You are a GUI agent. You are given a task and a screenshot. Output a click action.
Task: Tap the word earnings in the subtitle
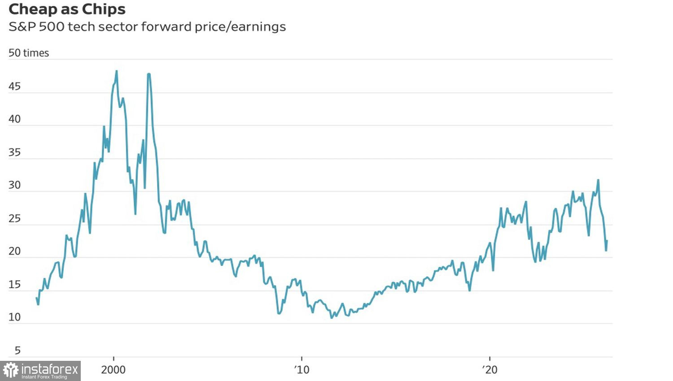click(x=259, y=27)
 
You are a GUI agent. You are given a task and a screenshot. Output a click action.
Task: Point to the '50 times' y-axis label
click(x=29, y=53)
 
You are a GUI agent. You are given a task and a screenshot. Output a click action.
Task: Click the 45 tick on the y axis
click(x=15, y=87)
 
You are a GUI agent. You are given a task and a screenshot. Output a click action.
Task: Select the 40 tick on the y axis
click(x=15, y=119)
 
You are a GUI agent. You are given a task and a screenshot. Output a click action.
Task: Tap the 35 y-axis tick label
click(x=15, y=152)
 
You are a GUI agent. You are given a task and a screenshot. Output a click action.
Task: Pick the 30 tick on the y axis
click(x=15, y=185)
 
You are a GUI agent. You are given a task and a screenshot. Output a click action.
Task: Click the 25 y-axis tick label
click(x=15, y=218)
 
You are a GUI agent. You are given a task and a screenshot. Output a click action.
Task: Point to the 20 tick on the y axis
click(x=15, y=251)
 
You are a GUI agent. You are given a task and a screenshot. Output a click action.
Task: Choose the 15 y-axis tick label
click(x=15, y=284)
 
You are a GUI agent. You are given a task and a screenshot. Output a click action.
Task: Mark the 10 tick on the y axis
click(x=15, y=317)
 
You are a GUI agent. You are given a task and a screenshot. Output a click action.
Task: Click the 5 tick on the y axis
click(x=17, y=351)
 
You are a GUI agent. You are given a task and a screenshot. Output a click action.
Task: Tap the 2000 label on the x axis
click(x=114, y=370)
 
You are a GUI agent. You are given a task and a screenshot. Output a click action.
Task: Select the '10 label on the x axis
click(x=302, y=370)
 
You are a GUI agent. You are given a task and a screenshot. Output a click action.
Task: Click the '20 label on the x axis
click(x=490, y=370)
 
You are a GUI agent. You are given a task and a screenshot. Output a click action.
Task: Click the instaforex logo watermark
click(x=40, y=371)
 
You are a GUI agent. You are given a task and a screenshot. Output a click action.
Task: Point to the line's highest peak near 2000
click(x=116, y=71)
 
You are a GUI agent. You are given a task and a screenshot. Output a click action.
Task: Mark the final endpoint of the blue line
click(x=607, y=241)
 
